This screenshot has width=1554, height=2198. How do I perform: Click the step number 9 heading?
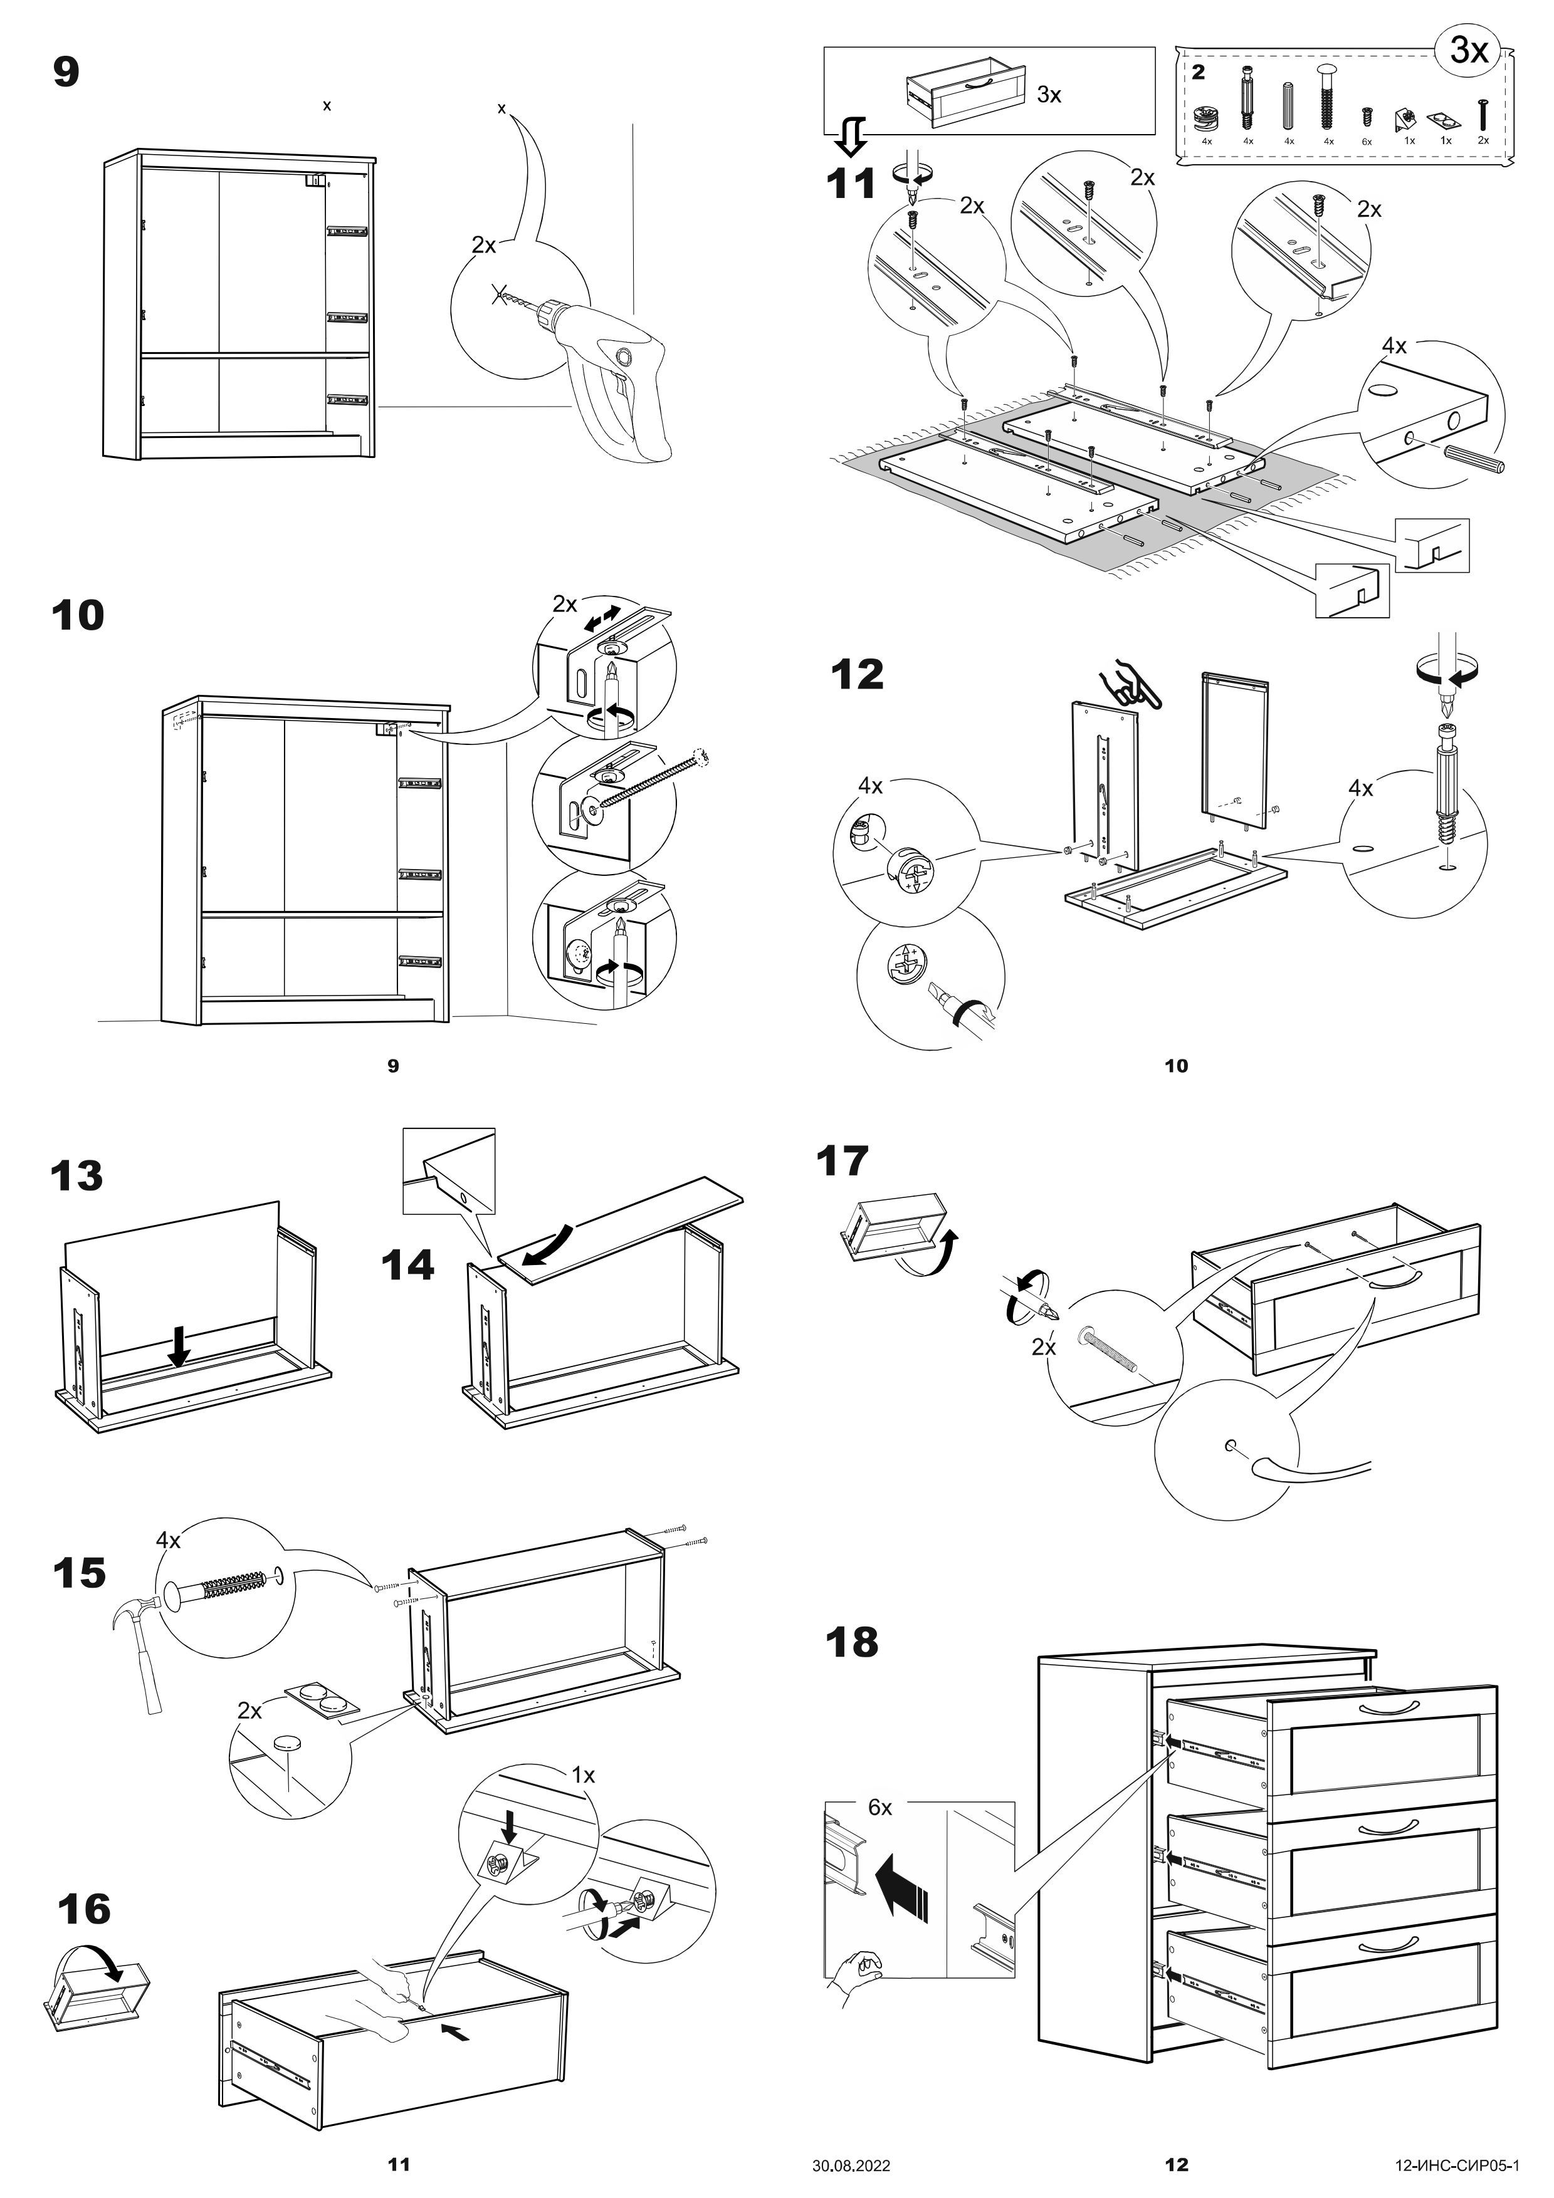(x=66, y=73)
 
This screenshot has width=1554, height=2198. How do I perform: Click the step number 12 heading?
(x=857, y=675)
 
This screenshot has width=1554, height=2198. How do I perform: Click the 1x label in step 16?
(x=583, y=1776)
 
